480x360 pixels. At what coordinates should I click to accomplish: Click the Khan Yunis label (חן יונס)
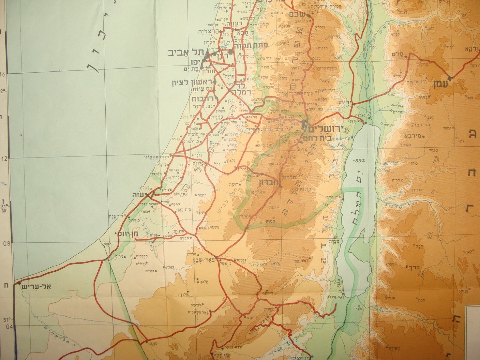(x=131, y=234)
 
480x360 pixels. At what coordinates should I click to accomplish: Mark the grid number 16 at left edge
(x=3, y=74)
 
